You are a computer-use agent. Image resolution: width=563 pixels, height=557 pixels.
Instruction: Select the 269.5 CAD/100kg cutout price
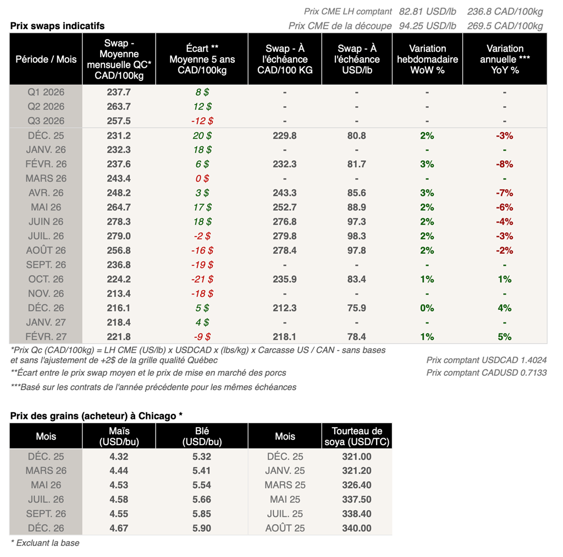coord(505,26)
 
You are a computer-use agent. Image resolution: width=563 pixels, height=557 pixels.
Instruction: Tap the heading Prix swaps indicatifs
coord(57,26)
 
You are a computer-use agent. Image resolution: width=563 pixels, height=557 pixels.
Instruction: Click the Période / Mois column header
coord(46,59)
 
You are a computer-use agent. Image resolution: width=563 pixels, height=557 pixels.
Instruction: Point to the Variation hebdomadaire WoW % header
coord(427,59)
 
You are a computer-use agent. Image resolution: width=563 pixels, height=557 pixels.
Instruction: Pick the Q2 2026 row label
coord(46,107)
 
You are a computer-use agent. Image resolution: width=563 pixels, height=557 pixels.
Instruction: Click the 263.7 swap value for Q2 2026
coord(119,107)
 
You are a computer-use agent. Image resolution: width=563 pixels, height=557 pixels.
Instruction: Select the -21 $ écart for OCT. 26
coord(202,280)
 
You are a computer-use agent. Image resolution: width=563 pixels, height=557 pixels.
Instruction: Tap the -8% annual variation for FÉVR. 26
coord(504,164)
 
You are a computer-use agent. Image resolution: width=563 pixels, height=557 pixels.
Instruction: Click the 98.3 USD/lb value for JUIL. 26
coord(357,236)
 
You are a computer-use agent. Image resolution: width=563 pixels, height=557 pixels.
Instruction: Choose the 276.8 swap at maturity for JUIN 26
coord(284,222)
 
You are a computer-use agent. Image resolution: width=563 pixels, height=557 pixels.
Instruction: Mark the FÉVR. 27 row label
coord(46,337)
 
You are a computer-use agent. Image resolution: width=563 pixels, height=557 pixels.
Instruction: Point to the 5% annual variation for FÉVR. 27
coord(504,337)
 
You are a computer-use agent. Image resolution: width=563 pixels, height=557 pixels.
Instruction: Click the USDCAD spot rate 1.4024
coord(487,360)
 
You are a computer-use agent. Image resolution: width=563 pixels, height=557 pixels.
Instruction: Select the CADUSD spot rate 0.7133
coord(487,373)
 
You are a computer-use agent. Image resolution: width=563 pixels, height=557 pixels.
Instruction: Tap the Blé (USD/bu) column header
coord(202,436)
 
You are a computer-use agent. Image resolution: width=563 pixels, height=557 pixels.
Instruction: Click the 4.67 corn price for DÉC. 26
coord(119,528)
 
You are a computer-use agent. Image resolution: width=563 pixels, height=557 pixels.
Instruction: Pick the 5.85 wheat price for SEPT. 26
coord(202,514)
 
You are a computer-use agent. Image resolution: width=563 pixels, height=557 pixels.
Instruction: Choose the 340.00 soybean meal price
coord(357,528)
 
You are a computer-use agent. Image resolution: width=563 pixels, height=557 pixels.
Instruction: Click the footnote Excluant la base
coord(45,543)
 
